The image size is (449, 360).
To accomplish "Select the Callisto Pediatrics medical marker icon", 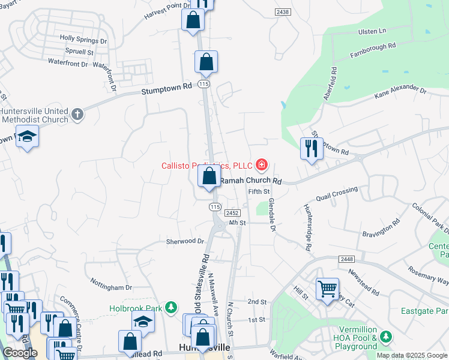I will [261, 164].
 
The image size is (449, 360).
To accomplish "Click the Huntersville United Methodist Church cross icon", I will [77, 114].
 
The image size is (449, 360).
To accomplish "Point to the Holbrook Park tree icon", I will [172, 307].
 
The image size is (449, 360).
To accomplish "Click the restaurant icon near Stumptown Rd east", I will [311, 148].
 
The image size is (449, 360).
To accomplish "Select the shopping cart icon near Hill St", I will [327, 289].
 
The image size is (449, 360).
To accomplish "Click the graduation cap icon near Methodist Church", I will [27, 137].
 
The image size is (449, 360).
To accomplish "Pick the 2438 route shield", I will [283, 12].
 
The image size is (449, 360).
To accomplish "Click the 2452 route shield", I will [234, 212].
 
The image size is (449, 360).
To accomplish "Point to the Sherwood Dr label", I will [185, 241].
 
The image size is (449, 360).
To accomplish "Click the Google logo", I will [20, 353].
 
